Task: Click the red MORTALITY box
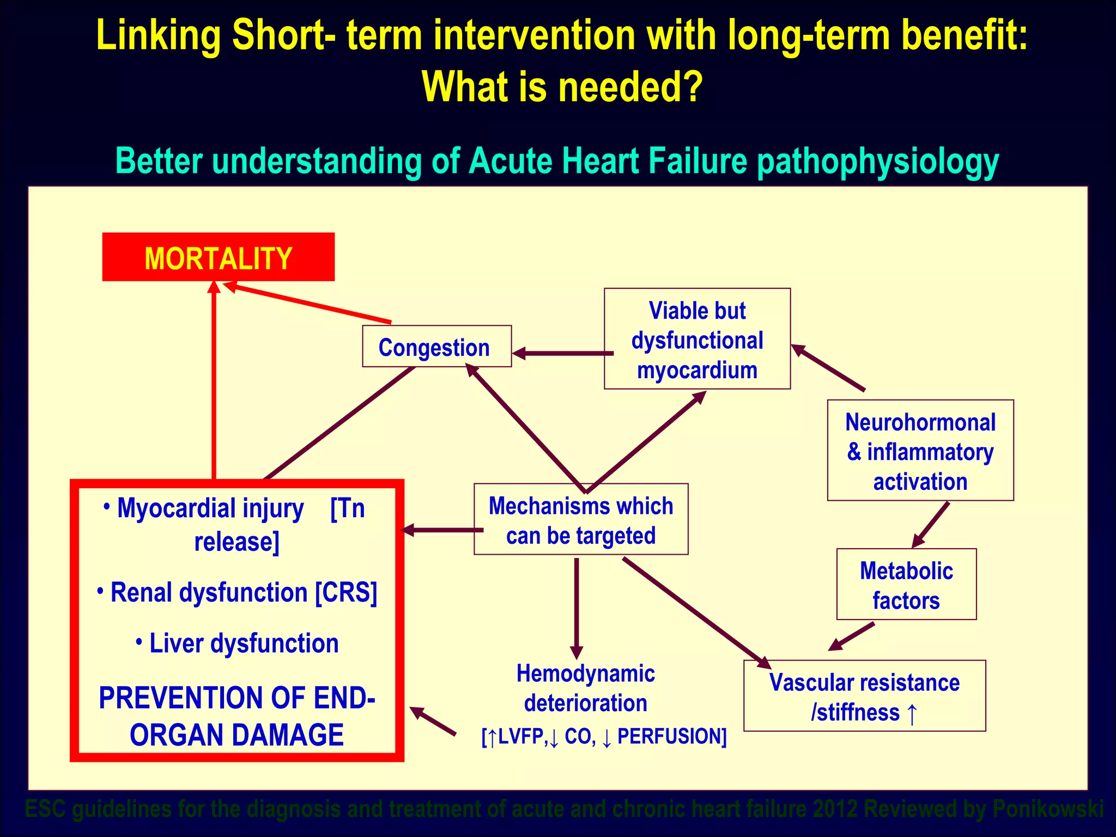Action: (x=218, y=257)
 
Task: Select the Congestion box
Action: (x=436, y=347)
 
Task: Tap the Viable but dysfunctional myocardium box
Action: (x=697, y=339)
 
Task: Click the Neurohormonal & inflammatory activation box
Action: (x=920, y=451)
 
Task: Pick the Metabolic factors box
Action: (x=906, y=585)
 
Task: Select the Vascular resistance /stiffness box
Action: (x=864, y=696)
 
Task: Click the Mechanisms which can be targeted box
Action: (x=581, y=519)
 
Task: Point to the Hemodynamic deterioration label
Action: (x=585, y=688)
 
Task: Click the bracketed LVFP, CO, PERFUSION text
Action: (x=604, y=737)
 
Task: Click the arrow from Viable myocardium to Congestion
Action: (x=561, y=354)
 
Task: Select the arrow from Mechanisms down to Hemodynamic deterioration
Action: (x=577, y=605)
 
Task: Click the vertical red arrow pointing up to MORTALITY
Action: (x=214, y=381)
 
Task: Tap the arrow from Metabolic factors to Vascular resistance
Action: (x=852, y=636)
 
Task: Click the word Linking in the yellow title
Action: (x=159, y=35)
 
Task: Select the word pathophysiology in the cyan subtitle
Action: (x=877, y=162)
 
